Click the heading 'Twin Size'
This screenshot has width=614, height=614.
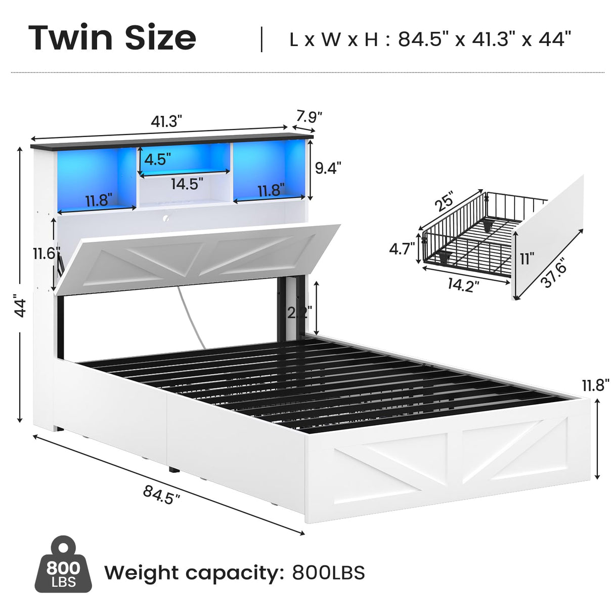tap(112, 37)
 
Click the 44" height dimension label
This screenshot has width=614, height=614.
tap(20, 308)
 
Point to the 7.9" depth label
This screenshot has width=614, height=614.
tap(309, 117)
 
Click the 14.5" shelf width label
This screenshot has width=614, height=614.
tap(187, 184)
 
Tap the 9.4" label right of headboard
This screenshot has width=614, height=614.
tap(328, 167)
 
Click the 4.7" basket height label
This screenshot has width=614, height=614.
tap(402, 249)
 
